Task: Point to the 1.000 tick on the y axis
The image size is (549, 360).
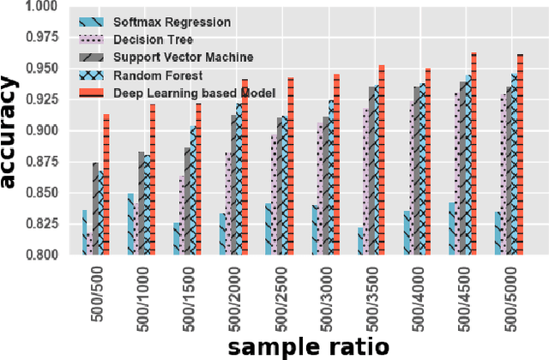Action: click(41, 7)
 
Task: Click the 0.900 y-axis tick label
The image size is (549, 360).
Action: click(41, 131)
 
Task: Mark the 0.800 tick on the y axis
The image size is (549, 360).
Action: click(41, 255)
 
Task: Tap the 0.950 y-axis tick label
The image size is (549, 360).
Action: click(41, 69)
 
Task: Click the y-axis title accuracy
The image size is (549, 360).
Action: click(12, 133)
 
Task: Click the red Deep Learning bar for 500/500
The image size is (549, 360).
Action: click(106, 184)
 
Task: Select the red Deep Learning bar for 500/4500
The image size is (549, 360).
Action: click(474, 154)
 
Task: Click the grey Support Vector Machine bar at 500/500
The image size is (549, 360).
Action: click(95, 208)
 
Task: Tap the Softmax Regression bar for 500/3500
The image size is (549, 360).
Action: click(360, 241)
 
